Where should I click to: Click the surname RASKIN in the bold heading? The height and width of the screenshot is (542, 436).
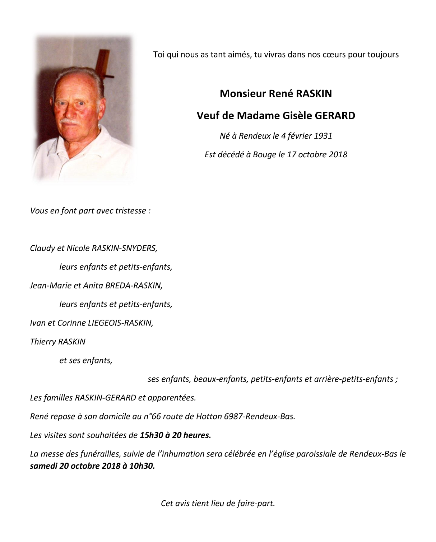point(314,94)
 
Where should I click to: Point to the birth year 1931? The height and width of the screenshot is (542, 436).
point(323,136)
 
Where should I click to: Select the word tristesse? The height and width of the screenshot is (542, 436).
point(130,210)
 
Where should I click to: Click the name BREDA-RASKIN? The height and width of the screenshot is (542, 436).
point(133,286)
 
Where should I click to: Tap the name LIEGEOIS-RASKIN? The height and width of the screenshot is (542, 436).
point(120,323)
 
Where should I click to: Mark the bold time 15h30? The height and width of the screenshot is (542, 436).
point(150,435)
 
